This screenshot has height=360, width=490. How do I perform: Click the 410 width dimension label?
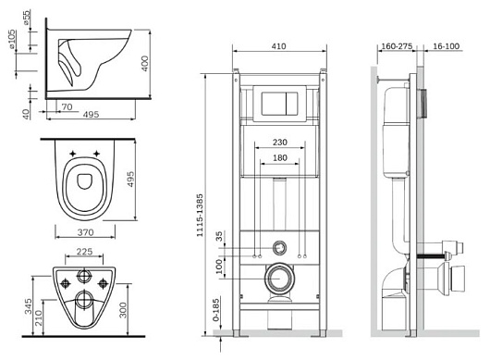pyautogui.click(x=278, y=46)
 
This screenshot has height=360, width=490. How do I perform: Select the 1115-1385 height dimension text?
pyautogui.click(x=200, y=216)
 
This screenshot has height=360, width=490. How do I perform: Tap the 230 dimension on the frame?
pyautogui.click(x=280, y=143)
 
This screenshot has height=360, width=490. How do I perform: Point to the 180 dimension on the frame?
pyautogui.click(x=280, y=158)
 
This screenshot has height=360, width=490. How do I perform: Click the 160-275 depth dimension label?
pyautogui.click(x=397, y=46)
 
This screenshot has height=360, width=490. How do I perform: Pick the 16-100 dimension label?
pyautogui.click(x=447, y=46)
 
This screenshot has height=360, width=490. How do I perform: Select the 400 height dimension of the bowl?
pyautogui.click(x=145, y=64)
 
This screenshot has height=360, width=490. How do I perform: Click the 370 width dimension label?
pyautogui.click(x=85, y=232)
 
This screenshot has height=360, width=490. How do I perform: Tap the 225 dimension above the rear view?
pyautogui.click(x=84, y=252)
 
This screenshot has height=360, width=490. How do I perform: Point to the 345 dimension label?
pyautogui.click(x=29, y=306)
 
